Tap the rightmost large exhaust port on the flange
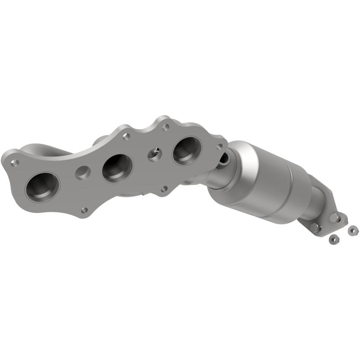click(x=186, y=150)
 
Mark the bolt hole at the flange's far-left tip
click(x=16, y=162)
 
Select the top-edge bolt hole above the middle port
click(x=126, y=136)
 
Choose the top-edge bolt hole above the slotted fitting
click(x=166, y=127)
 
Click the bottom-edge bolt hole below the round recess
click(x=84, y=210)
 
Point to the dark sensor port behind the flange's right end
click(x=224, y=157)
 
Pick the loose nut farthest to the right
click(x=352, y=230)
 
